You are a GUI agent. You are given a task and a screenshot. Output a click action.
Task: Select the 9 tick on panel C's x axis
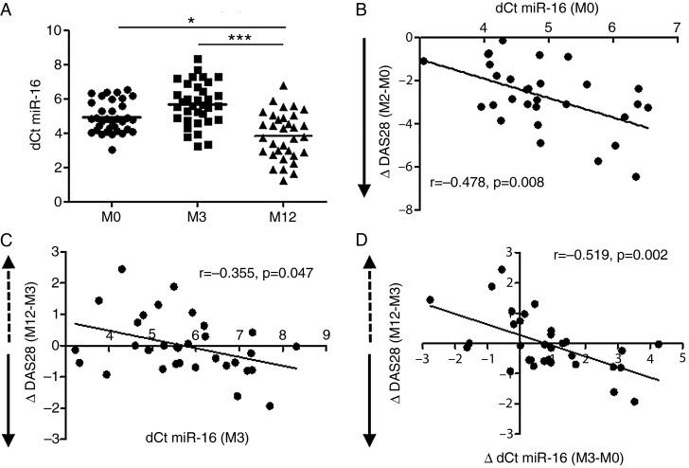click(x=326, y=334)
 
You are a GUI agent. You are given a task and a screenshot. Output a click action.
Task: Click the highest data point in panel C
click(x=122, y=269)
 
